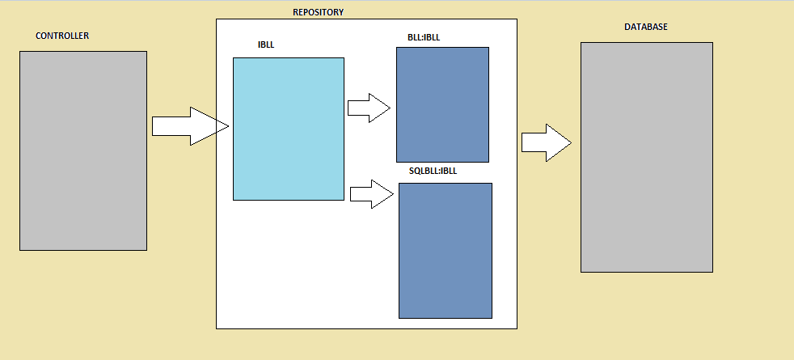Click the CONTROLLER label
[62, 36]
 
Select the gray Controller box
[83, 150]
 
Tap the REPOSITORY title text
[318, 12]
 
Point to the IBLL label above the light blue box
[266, 44]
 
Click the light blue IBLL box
[289, 129]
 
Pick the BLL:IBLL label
[424, 37]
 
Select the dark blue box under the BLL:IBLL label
[442, 104]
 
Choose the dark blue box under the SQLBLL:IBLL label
[445, 250]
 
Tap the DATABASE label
[646, 27]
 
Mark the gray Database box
[646, 157]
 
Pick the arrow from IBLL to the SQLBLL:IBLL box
[372, 193]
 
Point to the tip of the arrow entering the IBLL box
[229, 126]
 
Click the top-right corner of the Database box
[712, 43]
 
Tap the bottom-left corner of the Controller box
[20, 250]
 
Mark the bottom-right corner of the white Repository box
[517, 328]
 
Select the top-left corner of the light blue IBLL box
[234, 58]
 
